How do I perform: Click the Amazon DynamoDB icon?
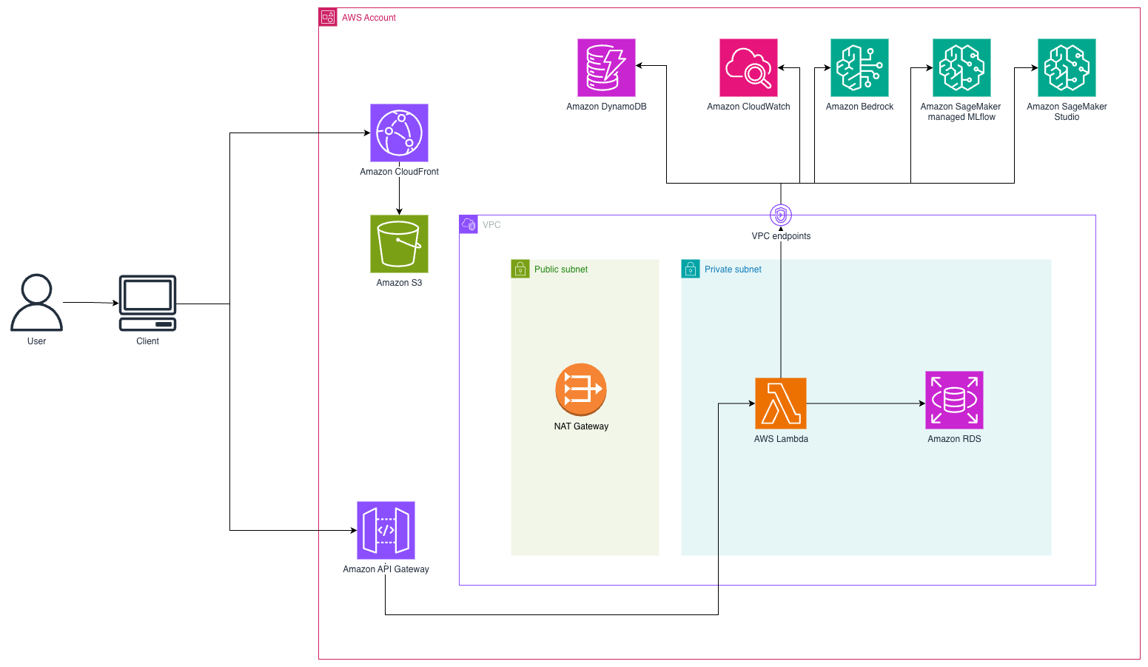606,67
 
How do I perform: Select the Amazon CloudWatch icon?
748,67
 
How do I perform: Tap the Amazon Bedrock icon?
859,67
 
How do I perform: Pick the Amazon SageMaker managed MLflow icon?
961,67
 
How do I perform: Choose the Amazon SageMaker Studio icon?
1067,67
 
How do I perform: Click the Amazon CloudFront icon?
399,133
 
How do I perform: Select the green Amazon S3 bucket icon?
399,244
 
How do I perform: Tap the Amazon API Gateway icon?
386,530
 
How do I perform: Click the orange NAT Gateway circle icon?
581,389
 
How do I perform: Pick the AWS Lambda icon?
781,403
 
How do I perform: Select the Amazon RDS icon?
954,400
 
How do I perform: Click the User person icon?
36,302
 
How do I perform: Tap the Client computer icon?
148,303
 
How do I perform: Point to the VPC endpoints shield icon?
781,215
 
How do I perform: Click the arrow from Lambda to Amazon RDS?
866,403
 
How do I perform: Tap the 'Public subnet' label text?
561,269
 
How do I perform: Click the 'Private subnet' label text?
733,269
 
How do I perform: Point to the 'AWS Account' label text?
369,18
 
